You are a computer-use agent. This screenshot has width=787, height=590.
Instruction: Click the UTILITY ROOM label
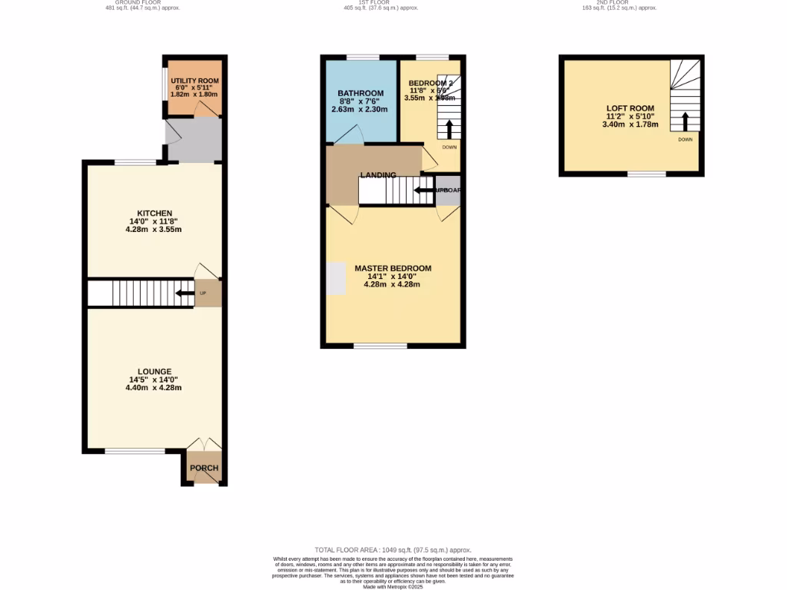coord(194,81)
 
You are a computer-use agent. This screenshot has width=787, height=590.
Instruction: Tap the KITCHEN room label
coord(154,213)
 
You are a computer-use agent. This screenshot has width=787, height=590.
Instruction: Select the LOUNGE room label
coord(154,371)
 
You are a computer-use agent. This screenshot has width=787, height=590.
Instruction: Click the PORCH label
coord(204,468)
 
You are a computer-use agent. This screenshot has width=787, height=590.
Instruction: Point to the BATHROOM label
coord(361,94)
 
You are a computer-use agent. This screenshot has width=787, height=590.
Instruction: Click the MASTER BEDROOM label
coord(393,268)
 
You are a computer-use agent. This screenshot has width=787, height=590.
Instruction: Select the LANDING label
coord(378,175)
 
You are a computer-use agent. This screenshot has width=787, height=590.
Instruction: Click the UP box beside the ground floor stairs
coord(204,293)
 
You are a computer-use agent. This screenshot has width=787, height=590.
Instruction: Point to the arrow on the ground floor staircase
coord(184,293)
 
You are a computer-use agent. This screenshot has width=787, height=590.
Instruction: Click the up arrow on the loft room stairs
coord(683,121)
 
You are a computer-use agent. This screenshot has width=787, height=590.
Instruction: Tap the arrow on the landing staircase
coord(423,190)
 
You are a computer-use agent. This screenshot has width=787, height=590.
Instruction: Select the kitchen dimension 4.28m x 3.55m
coord(154,230)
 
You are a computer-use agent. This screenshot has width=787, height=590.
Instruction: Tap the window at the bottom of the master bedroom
coord(380,346)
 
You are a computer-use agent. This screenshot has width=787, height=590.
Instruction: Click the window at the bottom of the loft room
coord(646,174)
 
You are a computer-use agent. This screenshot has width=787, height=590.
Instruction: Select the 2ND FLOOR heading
coord(617,3)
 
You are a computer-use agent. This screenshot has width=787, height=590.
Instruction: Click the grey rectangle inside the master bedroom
coord(335,278)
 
